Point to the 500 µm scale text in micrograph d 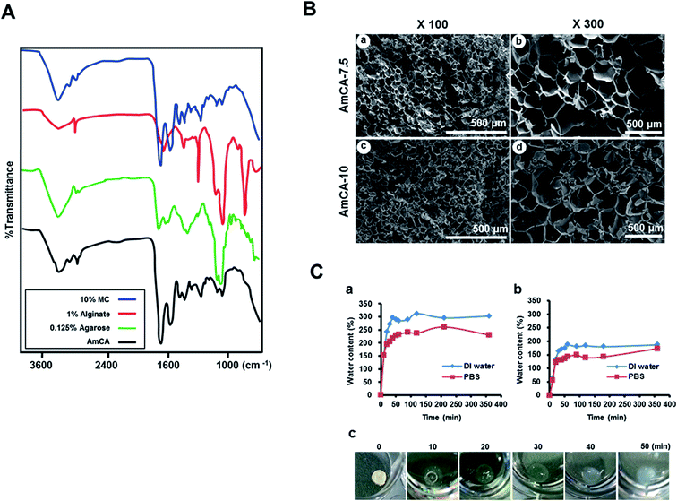click(644, 228)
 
